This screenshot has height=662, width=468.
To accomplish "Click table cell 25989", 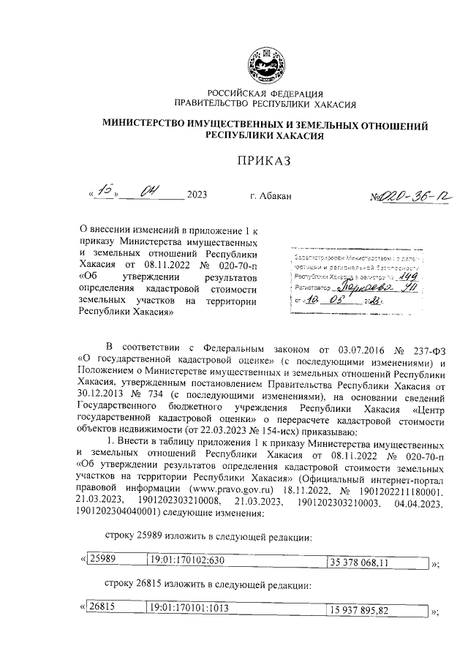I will (103, 560).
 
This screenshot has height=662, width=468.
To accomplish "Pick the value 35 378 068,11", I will (363, 561).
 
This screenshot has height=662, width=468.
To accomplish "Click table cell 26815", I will (103, 607).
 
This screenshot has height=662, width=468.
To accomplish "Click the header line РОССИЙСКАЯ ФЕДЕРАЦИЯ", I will (263, 93).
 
